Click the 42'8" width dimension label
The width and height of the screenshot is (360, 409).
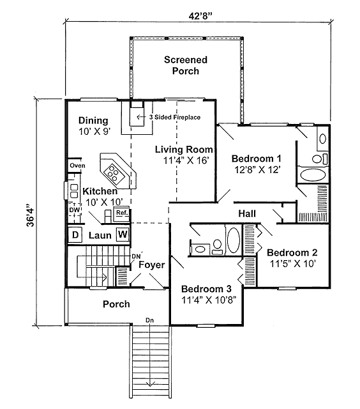click(x=200, y=16)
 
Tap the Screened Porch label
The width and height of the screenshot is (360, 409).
click(x=186, y=65)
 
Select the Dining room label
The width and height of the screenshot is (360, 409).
click(x=93, y=121)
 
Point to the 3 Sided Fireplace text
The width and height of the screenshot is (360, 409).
click(x=175, y=117)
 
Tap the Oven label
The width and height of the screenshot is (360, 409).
click(x=77, y=166)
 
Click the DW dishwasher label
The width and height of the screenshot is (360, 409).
click(x=74, y=210)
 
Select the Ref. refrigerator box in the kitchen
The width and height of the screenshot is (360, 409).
click(x=122, y=213)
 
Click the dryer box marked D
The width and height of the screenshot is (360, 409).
click(x=75, y=235)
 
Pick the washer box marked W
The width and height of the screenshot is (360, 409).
click(x=123, y=235)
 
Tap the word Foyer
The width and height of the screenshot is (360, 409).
click(x=152, y=265)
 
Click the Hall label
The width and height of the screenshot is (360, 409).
click(x=247, y=213)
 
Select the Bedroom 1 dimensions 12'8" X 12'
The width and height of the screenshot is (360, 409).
click(x=257, y=170)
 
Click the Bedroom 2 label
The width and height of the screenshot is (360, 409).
click(x=292, y=252)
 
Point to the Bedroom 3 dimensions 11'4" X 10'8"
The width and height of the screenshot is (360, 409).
click(x=208, y=300)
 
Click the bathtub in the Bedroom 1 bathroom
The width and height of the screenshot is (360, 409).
click(x=313, y=175)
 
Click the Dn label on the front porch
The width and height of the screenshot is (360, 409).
click(x=149, y=320)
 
